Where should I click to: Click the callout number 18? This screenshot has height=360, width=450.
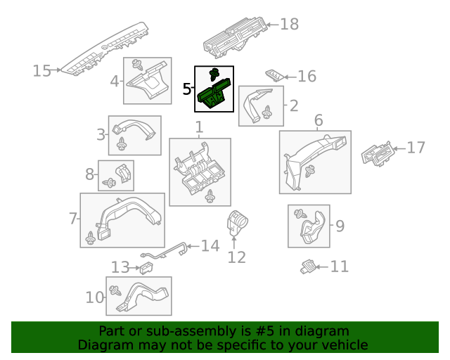[x=289, y=25]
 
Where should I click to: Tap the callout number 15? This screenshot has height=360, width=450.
[x=41, y=71]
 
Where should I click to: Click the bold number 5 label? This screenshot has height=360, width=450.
[x=186, y=89]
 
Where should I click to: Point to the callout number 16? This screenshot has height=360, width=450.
[x=307, y=77]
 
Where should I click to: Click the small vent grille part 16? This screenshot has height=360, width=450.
[x=275, y=75]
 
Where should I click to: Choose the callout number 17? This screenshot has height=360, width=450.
[x=416, y=148]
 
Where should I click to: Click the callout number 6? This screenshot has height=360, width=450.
[x=318, y=120]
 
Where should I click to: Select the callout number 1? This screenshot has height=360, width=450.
[x=199, y=127]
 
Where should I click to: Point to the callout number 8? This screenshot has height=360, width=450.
[x=90, y=174]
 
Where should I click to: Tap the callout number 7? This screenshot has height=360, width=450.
[x=73, y=219]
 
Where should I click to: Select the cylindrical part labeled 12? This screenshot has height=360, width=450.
[x=237, y=225]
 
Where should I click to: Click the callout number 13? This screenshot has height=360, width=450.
[x=121, y=267]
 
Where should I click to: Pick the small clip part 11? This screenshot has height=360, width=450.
[x=307, y=266]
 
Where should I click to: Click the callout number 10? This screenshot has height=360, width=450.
[x=94, y=297]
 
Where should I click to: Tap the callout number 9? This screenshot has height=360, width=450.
[x=340, y=226]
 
